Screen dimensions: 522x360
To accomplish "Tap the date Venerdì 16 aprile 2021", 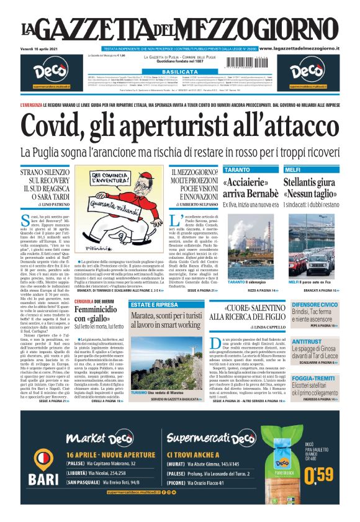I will [x=39, y=48].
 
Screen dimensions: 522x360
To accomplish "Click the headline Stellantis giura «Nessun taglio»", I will [x=312, y=188].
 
